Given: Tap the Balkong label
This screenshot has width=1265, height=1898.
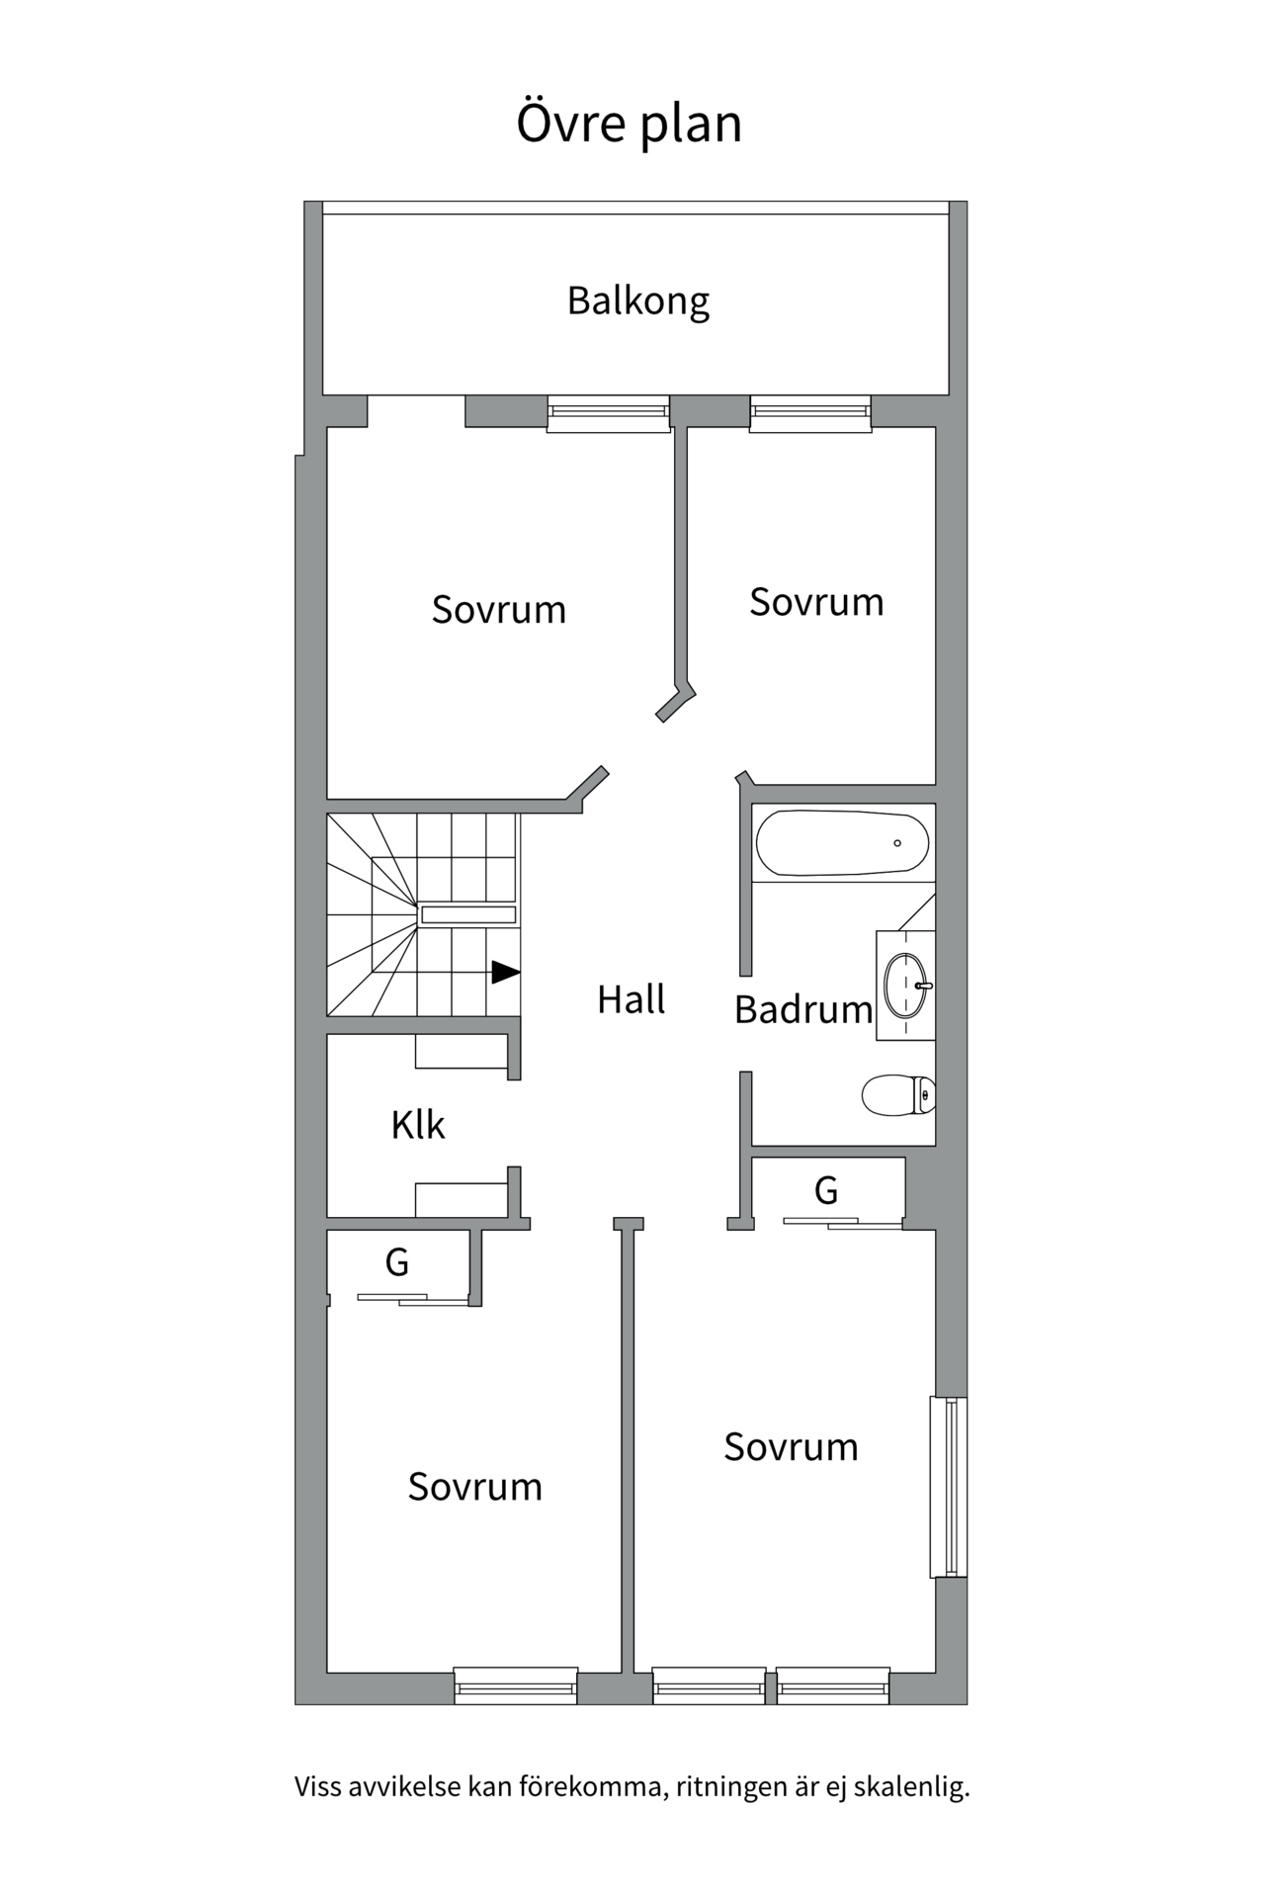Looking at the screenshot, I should click(637, 301).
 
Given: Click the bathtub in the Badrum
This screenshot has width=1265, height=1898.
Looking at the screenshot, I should click(842, 843).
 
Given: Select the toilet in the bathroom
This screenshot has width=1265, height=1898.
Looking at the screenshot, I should click(897, 1094).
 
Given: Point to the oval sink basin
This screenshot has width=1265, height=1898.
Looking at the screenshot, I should click(905, 985).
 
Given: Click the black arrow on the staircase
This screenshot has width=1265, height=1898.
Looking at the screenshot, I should click(505, 972).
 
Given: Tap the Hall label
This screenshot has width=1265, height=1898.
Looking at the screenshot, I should click(631, 999).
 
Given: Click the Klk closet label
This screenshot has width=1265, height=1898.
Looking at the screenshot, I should click(417, 1125).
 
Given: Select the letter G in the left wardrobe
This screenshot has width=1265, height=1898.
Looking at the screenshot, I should click(396, 1262).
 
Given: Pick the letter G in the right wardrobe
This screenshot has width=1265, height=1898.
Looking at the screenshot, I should click(826, 1190).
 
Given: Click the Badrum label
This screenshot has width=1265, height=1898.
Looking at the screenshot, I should click(802, 1009).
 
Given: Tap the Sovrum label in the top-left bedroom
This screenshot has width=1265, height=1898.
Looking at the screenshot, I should click(498, 610).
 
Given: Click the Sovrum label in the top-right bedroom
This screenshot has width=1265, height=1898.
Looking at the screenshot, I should click(815, 602).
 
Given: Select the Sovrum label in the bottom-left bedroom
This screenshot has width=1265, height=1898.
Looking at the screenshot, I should click(474, 1487).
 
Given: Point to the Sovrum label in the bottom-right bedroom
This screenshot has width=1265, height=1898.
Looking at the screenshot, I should click(790, 1447).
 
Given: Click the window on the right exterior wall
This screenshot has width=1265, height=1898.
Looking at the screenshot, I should click(949, 1487).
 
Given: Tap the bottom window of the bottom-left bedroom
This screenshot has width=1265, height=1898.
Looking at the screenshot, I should click(516, 1684).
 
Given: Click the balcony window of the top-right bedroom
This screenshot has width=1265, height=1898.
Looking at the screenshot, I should click(810, 413).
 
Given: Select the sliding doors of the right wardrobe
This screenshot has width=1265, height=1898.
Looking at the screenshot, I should click(842, 1224).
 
